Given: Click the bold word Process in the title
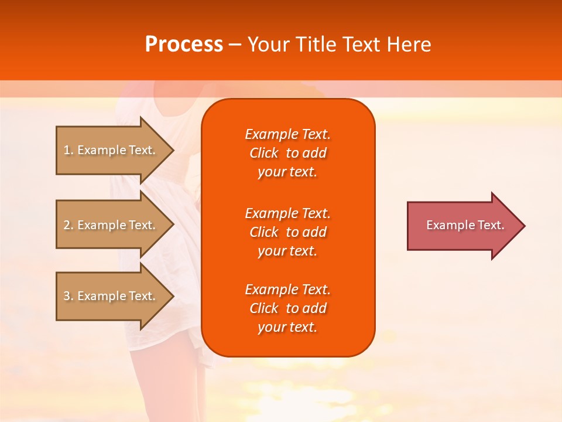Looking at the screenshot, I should (x=184, y=45).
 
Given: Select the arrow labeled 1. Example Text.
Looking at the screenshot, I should (x=111, y=150).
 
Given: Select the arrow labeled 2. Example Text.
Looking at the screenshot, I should (x=111, y=225).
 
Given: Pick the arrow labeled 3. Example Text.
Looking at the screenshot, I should (x=111, y=296).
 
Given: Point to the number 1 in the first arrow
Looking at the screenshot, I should (x=67, y=150).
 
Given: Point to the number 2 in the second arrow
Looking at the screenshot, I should (x=67, y=225).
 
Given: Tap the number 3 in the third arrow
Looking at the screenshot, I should (x=67, y=296).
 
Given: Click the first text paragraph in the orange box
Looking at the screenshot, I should (x=287, y=153).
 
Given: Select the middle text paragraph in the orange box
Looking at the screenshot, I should (x=287, y=232).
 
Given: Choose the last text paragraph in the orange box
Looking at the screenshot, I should (x=287, y=308).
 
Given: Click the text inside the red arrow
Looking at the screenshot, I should (x=465, y=225).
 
